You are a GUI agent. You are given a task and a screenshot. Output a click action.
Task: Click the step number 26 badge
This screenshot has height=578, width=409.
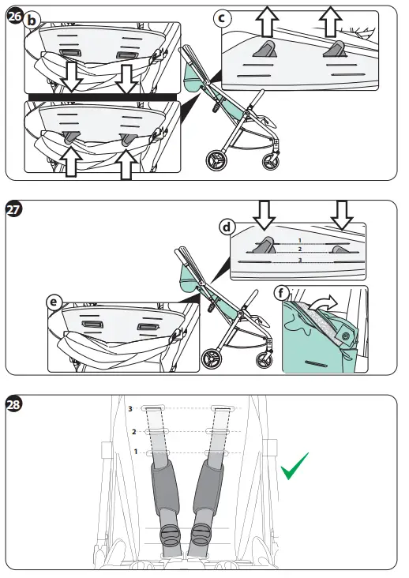click(15, 17)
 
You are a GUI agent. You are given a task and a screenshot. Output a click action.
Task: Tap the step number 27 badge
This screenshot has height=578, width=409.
click(14, 210)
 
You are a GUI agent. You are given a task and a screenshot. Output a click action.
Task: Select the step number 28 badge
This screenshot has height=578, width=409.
click(14, 405)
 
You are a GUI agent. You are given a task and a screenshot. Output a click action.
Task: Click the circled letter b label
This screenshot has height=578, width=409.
click(32, 21)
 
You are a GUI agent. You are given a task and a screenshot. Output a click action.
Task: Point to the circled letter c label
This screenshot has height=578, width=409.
click(222, 18)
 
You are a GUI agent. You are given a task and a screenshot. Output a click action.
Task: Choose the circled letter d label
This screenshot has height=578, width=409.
click(227, 227)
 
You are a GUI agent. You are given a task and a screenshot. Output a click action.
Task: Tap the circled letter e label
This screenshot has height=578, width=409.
click(54, 302)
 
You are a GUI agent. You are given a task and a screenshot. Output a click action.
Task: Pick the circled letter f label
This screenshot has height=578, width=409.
click(282, 294)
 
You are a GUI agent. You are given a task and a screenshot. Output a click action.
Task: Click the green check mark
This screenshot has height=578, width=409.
click(294, 467)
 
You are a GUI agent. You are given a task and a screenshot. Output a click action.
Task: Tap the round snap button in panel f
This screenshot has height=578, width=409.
click(346, 336)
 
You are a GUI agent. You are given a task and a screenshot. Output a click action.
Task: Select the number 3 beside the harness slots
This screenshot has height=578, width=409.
click(130, 408)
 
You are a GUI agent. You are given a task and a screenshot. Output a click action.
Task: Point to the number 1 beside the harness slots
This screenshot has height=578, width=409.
click(136, 451)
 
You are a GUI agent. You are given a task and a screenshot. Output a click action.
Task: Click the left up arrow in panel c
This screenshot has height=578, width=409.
click(267, 21)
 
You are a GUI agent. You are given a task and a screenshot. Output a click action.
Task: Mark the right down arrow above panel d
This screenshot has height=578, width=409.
click(342, 216)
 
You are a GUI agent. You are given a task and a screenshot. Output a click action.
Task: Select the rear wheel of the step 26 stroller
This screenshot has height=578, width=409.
click(216, 160)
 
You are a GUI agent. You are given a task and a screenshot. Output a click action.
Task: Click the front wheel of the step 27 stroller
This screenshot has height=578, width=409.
click(265, 360)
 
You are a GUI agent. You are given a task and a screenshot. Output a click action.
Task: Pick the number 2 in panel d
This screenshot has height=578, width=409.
click(300, 250)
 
